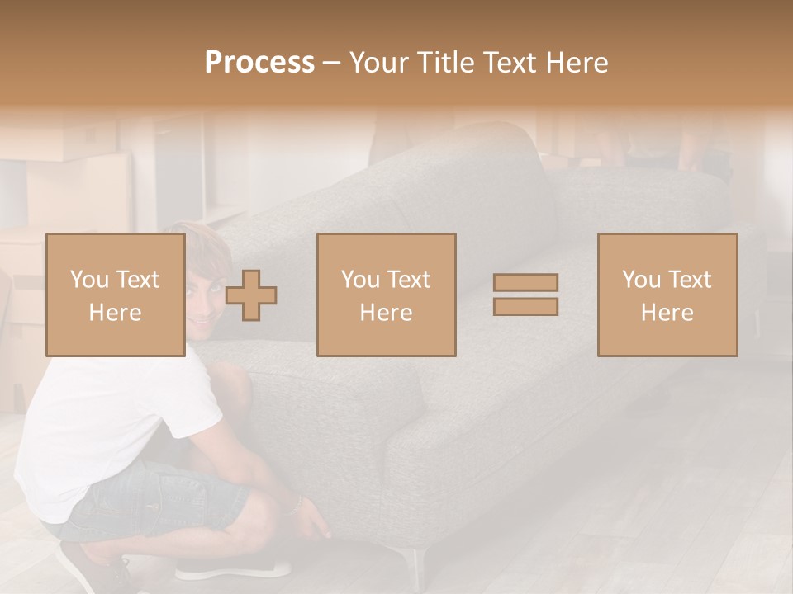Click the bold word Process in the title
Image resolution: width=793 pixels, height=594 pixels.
259,62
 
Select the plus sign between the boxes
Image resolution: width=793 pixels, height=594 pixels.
251,295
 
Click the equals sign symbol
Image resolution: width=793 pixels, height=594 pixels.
525,295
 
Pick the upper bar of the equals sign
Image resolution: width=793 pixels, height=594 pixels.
525,283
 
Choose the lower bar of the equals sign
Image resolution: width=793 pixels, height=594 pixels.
525,306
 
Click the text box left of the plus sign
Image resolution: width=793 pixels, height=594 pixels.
116,295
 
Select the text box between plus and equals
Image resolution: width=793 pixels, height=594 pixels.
387,295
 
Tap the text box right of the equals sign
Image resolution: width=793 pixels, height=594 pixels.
667,295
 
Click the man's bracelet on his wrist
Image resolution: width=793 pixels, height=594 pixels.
294,505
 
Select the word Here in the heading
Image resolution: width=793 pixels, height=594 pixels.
577,62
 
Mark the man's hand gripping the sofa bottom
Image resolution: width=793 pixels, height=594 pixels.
314,524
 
